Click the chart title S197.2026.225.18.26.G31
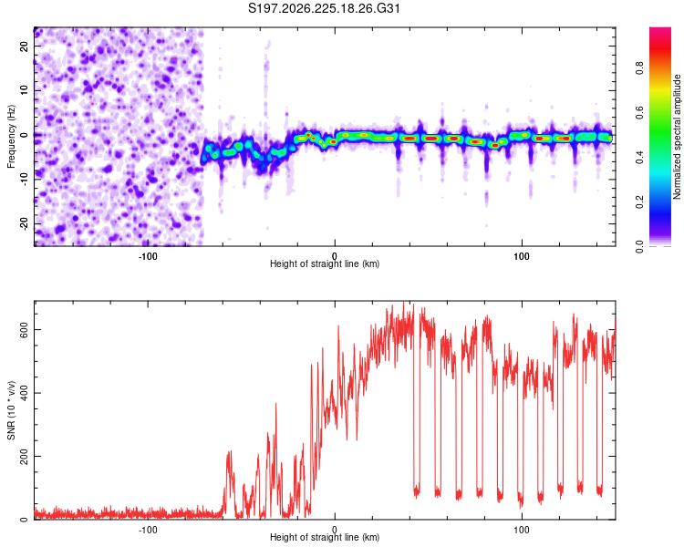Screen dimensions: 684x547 [324, 8]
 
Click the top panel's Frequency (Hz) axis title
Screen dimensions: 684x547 [11, 137]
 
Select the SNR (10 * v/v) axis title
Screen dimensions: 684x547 [11, 410]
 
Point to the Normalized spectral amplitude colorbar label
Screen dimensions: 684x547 [677, 137]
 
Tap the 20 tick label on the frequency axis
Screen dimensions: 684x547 [24, 46]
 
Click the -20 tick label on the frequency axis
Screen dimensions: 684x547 [24, 223]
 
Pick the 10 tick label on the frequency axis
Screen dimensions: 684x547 [24, 90]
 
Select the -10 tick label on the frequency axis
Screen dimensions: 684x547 [24, 179]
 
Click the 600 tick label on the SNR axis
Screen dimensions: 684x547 [24, 330]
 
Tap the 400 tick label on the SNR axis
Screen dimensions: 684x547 [24, 393]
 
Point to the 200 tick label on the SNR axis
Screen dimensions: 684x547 [24, 456]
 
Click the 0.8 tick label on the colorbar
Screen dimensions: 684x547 [639, 68]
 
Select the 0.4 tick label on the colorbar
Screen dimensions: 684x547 [639, 158]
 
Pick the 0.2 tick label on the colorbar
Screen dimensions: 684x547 [639, 202]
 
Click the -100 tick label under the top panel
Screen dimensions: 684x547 [148, 256]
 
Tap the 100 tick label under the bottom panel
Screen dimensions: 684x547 [522, 530]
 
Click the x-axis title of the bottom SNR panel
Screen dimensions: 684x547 [325, 537]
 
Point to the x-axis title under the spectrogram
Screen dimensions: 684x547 [325, 263]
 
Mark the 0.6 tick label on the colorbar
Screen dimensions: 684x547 [639, 112]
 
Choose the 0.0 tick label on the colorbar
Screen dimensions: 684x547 [639, 247]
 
